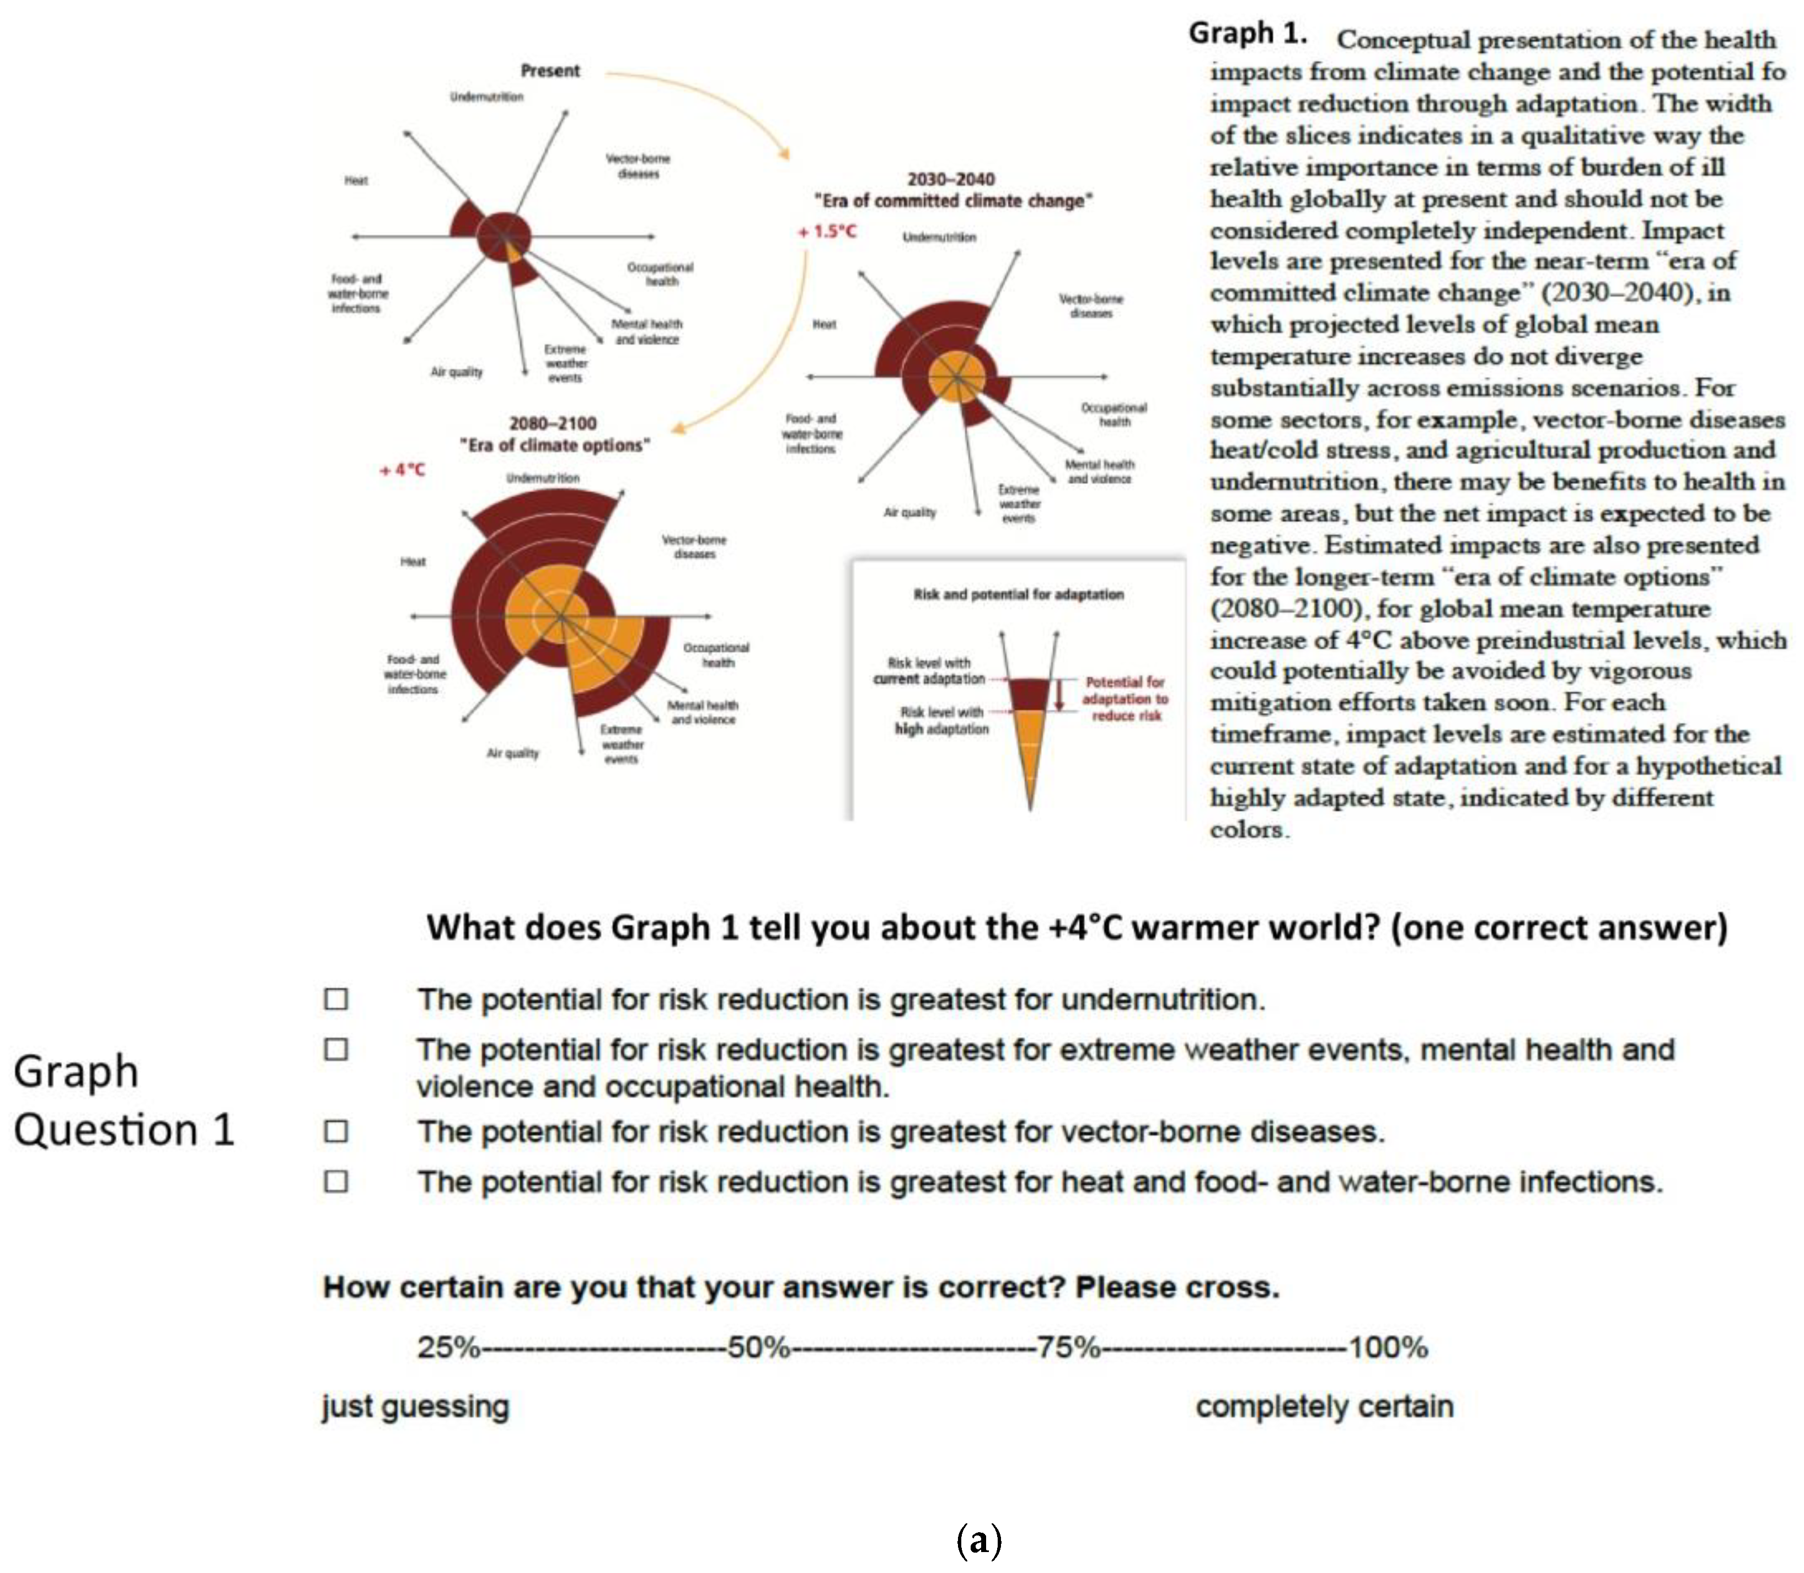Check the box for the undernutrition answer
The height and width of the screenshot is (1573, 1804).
(x=336, y=999)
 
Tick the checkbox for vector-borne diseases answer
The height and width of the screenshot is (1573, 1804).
(x=336, y=1131)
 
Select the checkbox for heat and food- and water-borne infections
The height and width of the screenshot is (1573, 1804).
(x=336, y=1182)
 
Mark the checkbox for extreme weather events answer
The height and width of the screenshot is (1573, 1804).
(x=336, y=1050)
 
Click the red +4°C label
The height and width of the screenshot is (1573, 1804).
(x=402, y=470)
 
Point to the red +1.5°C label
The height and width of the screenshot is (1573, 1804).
(x=826, y=232)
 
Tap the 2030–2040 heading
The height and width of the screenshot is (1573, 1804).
(x=951, y=179)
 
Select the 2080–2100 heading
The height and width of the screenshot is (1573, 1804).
(x=553, y=423)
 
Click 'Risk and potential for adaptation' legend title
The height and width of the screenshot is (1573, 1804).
(x=1018, y=594)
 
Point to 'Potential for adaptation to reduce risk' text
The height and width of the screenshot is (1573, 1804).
(x=1126, y=699)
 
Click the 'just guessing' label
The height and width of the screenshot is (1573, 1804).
(x=415, y=1406)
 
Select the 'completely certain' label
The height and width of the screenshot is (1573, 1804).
(x=1324, y=1406)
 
